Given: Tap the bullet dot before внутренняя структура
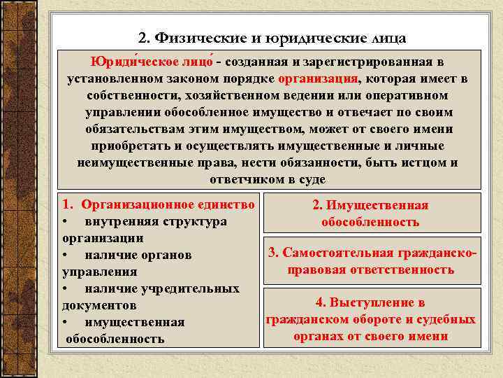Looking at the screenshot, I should [65, 222].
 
